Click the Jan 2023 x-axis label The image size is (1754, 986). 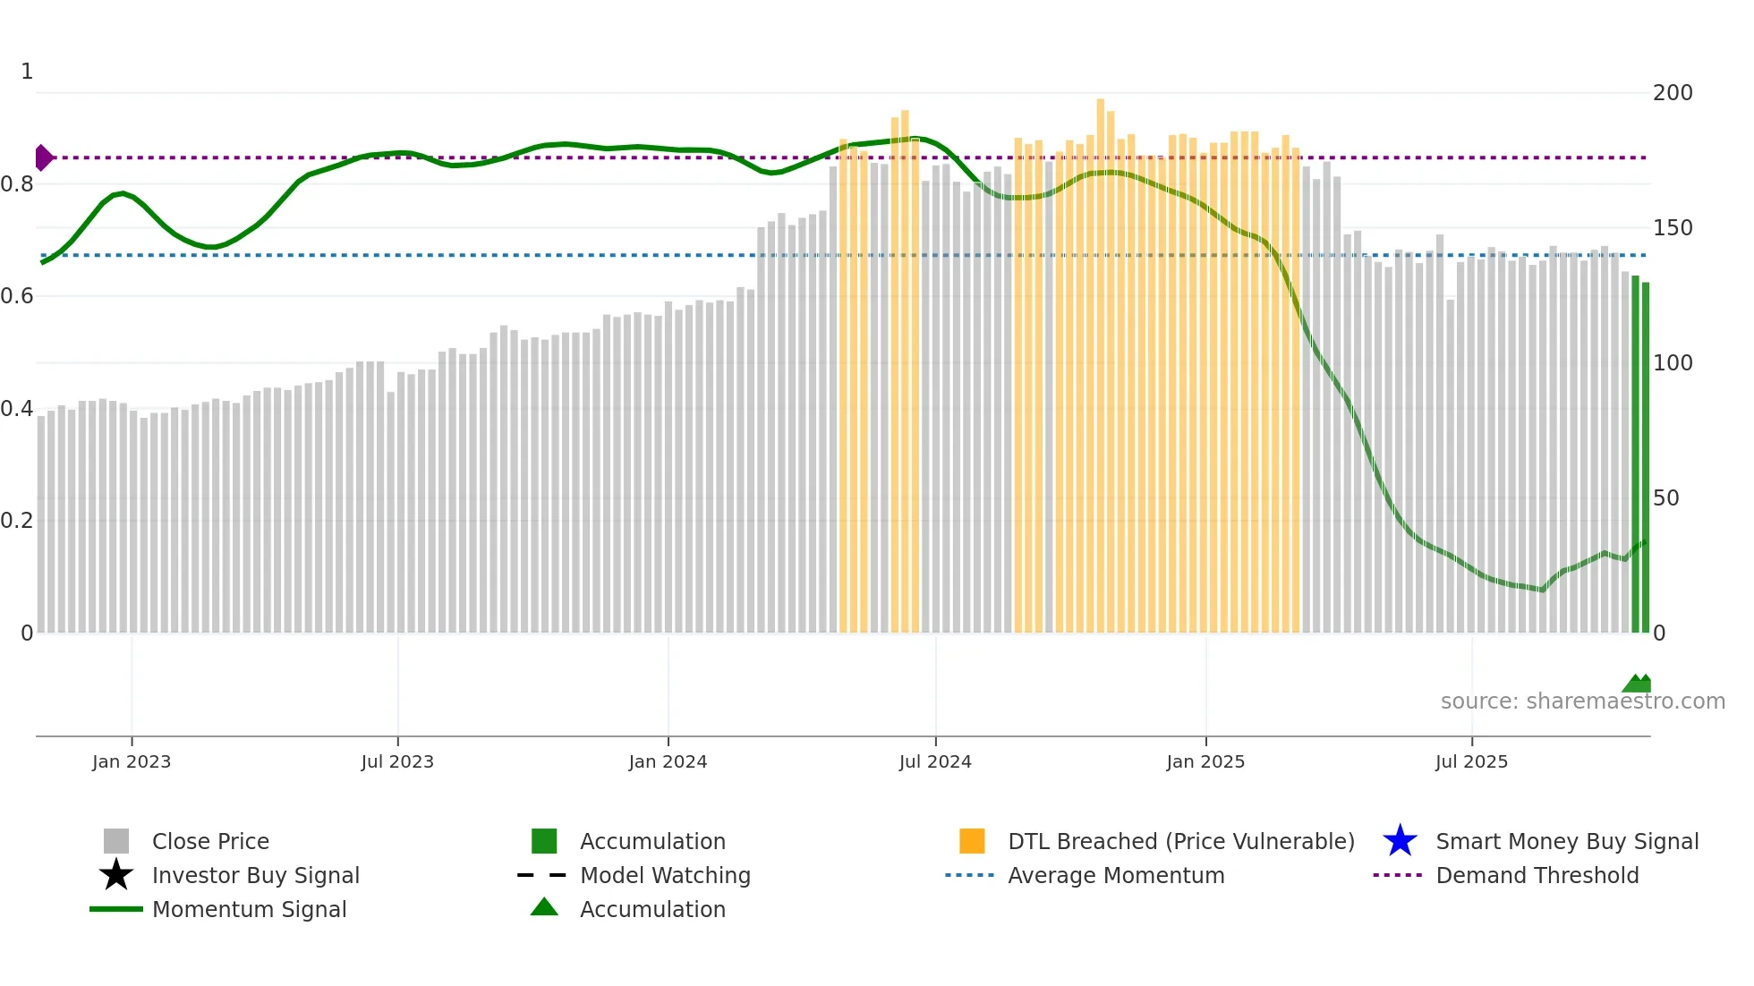[x=132, y=761]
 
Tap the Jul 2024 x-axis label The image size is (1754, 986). [x=935, y=761]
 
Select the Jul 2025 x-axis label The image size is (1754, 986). [x=1471, y=761]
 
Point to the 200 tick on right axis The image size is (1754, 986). [x=1672, y=93]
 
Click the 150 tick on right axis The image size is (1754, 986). [x=1672, y=228]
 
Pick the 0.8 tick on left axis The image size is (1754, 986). [x=18, y=184]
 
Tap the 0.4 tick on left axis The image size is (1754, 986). [x=18, y=409]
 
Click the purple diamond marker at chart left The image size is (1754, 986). [x=43, y=157]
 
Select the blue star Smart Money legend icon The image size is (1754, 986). [x=1400, y=841]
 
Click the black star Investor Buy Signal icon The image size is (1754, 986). [x=116, y=875]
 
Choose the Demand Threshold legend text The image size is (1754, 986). [x=1537, y=875]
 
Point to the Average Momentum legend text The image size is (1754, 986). [x=1116, y=875]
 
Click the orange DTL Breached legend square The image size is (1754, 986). [x=972, y=841]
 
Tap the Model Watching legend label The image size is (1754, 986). [x=665, y=875]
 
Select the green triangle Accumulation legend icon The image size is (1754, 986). [x=544, y=907]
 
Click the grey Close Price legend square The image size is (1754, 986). [x=116, y=841]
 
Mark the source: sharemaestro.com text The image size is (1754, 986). [x=1582, y=701]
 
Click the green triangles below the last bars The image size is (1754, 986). [x=1638, y=684]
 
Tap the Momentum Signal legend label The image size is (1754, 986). [x=249, y=909]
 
